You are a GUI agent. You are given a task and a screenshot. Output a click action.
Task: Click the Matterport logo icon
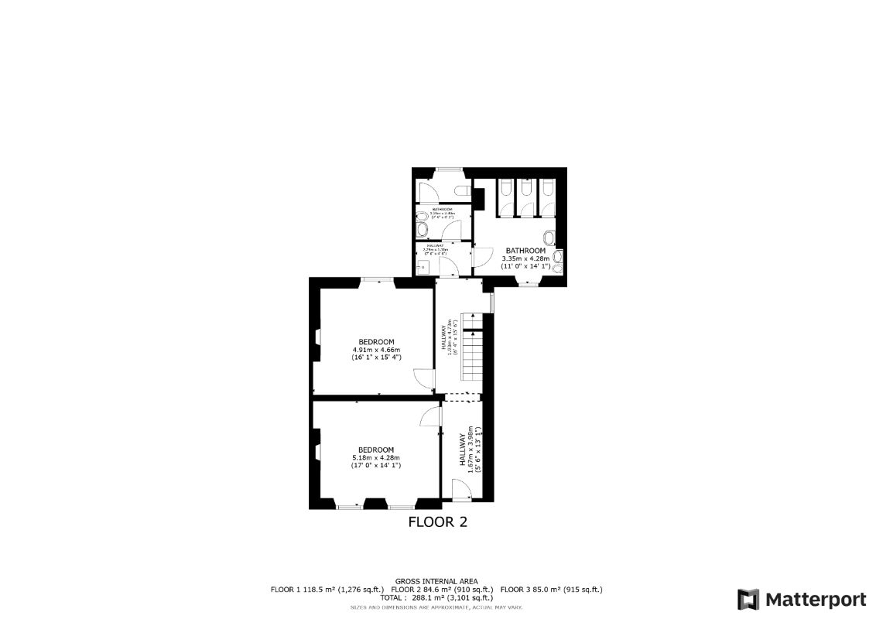[x=748, y=600]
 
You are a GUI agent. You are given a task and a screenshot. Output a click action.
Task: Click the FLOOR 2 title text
[x=437, y=522]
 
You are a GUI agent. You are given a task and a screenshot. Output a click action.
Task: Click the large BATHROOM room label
[x=525, y=251]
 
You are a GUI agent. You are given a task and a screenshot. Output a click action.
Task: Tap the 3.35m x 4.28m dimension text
[x=525, y=258]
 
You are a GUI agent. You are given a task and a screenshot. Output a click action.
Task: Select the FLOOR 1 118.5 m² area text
[x=327, y=590]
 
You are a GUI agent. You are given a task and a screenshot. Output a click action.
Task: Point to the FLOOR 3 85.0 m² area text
[x=551, y=590]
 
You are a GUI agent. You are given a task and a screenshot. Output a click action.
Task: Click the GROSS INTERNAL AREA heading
[x=436, y=581]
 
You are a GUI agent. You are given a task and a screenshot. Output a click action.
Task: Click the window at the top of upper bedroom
[x=376, y=279]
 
